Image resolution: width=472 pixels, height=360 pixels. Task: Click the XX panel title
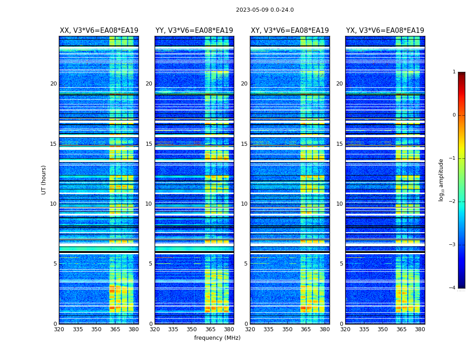pyautogui.click(x=99, y=31)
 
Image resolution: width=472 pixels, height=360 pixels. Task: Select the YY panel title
pyautogui.click(x=194, y=31)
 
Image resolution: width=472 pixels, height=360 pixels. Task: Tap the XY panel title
pyautogui.click(x=290, y=31)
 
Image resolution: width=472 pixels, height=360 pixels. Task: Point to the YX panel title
pyautogui.click(x=385, y=31)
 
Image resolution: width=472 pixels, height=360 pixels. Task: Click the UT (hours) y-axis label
pyautogui.click(x=44, y=180)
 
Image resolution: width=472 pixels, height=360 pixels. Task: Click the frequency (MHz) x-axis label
pyautogui.click(x=217, y=338)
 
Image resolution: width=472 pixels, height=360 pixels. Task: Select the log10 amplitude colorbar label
pyautogui.click(x=441, y=180)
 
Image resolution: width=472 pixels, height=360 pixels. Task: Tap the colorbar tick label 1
pyautogui.click(x=454, y=72)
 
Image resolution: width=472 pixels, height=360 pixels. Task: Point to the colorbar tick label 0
pyautogui.click(x=454, y=115)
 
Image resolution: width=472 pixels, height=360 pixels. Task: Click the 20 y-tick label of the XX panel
pyautogui.click(x=53, y=84)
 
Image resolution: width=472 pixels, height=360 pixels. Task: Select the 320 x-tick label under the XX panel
pyautogui.click(x=59, y=329)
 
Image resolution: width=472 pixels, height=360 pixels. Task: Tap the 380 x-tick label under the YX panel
pyautogui.click(x=420, y=329)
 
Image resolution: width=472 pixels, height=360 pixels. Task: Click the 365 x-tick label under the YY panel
pyautogui.click(x=211, y=329)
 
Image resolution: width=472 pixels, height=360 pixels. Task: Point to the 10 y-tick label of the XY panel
pyautogui.click(x=244, y=204)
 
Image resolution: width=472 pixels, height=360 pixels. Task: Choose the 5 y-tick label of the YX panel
pyautogui.click(x=341, y=264)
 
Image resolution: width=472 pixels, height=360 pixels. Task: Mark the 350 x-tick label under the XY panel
pyautogui.click(x=287, y=329)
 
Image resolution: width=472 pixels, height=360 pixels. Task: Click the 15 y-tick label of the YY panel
pyautogui.click(x=149, y=144)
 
